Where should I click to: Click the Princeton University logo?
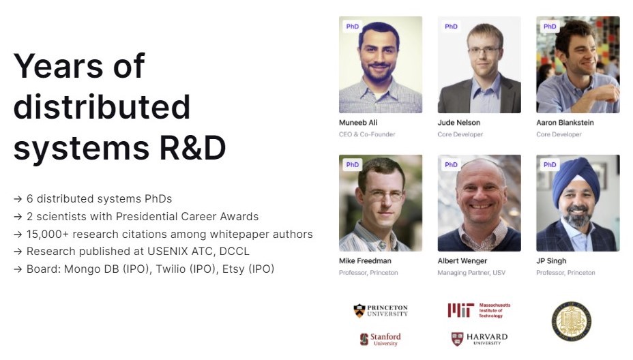tap(381, 311)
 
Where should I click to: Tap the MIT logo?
tap(479, 310)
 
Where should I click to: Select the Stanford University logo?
tap(381, 339)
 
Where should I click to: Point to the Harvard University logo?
tap(480, 339)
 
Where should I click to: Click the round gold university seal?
tap(571, 321)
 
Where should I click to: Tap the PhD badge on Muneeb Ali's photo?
tap(353, 26)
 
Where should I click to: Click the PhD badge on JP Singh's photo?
tap(549, 165)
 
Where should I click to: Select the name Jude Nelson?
tap(459, 123)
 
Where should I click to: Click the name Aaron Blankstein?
tap(565, 123)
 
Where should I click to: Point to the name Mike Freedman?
tap(365, 261)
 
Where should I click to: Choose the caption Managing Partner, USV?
tap(471, 273)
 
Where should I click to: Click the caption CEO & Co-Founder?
tap(367, 134)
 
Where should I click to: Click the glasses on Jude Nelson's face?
tap(484, 51)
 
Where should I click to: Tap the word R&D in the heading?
tap(192, 148)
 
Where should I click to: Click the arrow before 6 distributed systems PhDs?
tap(18, 199)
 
